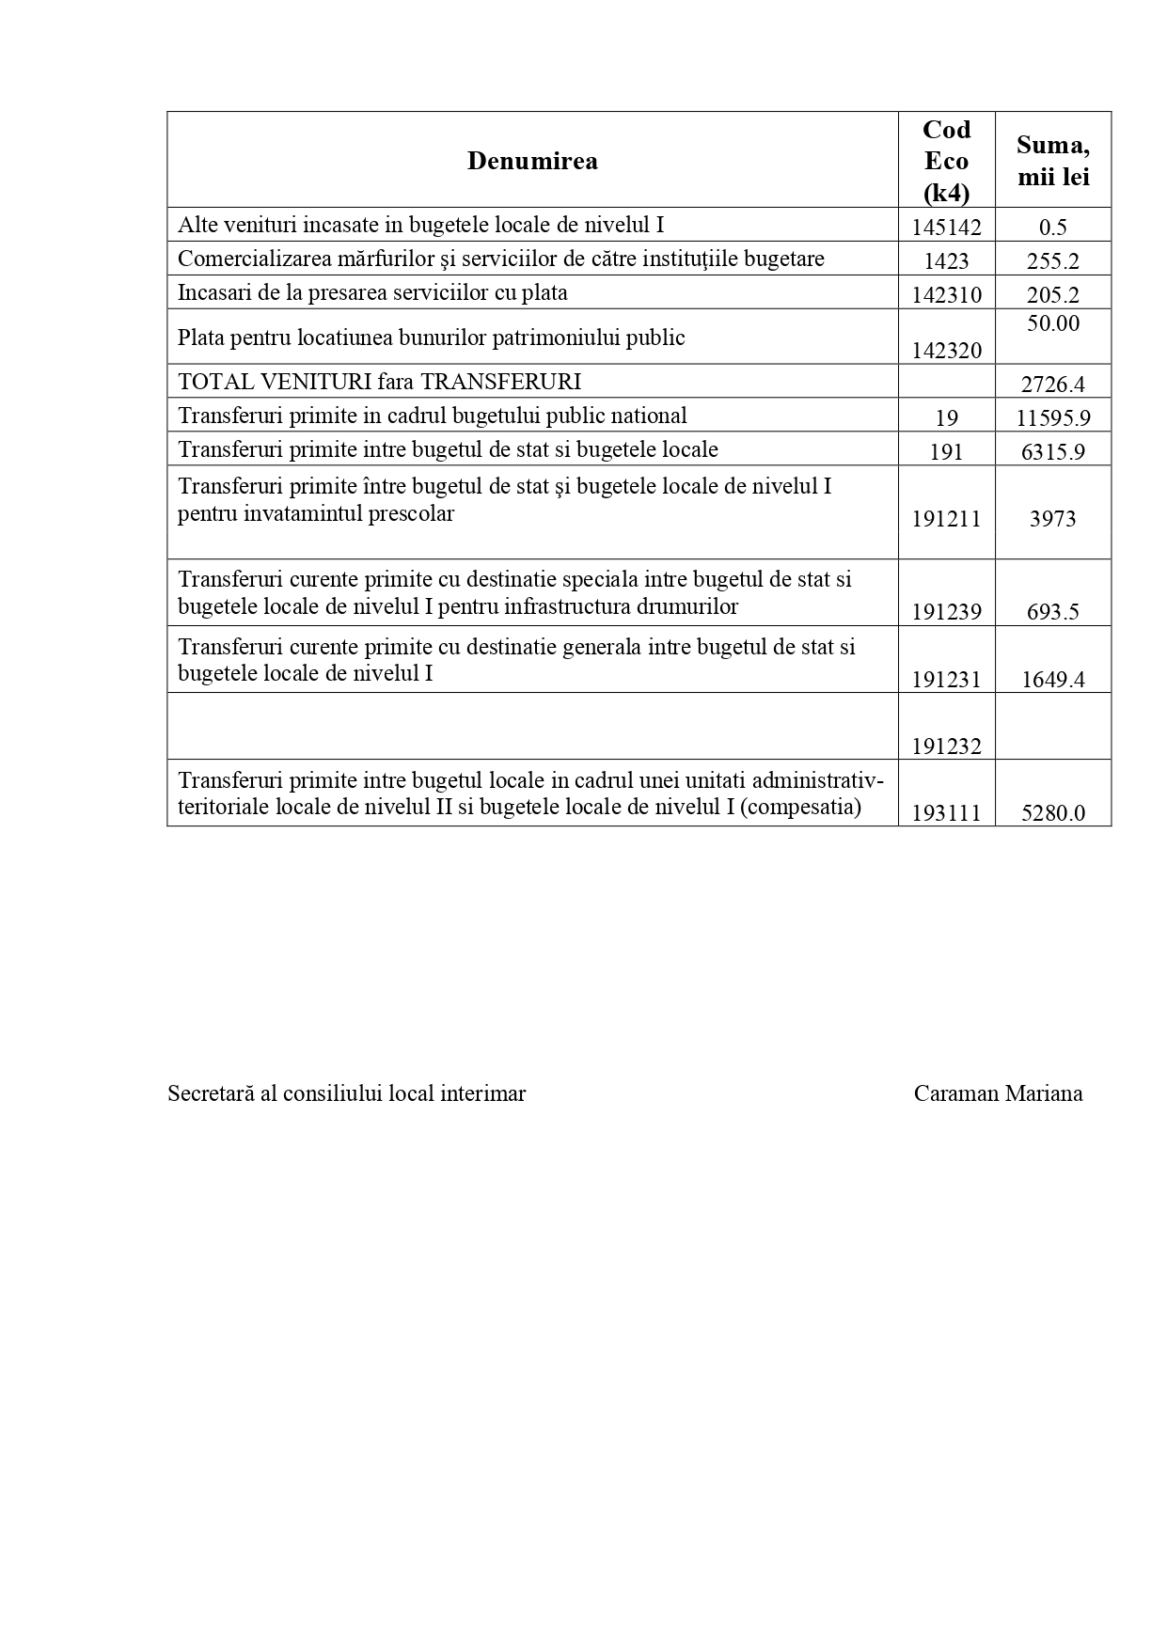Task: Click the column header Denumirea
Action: (532, 161)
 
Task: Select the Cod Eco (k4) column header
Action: (946, 161)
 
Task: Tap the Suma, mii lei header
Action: (1052, 161)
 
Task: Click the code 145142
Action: (946, 227)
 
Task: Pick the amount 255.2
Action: (1052, 260)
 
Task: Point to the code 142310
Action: (946, 294)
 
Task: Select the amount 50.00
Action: (1052, 323)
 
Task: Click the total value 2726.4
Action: (1052, 384)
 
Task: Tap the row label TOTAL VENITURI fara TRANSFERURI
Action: (379, 382)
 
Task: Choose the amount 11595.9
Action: (1052, 417)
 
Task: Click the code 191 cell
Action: (946, 451)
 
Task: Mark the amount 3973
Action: (1052, 519)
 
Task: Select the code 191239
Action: (946, 612)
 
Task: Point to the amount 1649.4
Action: (1052, 680)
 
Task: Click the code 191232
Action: (946, 746)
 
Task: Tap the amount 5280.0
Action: (1052, 813)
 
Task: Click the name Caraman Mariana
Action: (998, 1093)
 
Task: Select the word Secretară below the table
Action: (206, 1093)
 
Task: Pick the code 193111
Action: (946, 813)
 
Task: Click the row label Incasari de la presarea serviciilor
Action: (372, 292)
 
